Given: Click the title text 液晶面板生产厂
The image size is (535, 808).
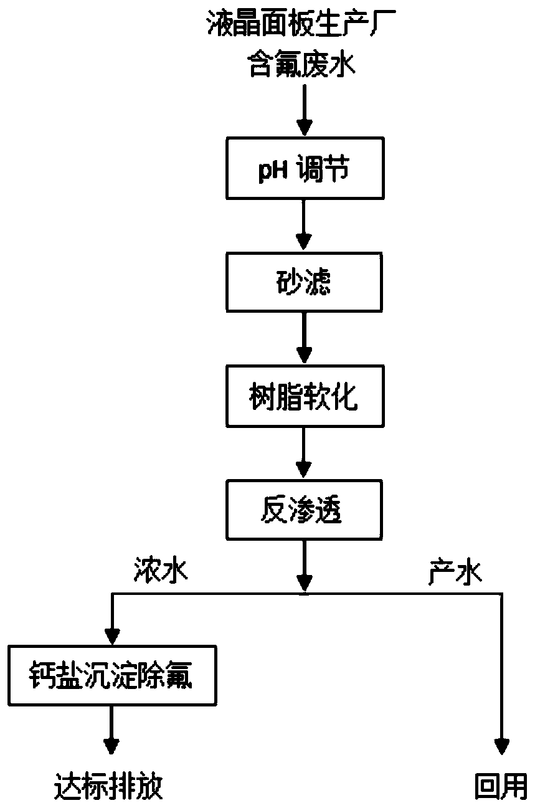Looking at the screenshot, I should [303, 26].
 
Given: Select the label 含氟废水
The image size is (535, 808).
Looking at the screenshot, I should [303, 64].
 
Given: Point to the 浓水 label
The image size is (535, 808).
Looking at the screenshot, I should [160, 572].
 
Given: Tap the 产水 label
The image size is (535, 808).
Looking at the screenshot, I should [455, 572].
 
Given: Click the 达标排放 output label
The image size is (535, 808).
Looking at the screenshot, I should [109, 786].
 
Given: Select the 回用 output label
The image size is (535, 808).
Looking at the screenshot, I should [500, 786].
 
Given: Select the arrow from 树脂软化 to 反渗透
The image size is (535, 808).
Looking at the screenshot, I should [303, 453].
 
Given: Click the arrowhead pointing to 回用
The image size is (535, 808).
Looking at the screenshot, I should [501, 746].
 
